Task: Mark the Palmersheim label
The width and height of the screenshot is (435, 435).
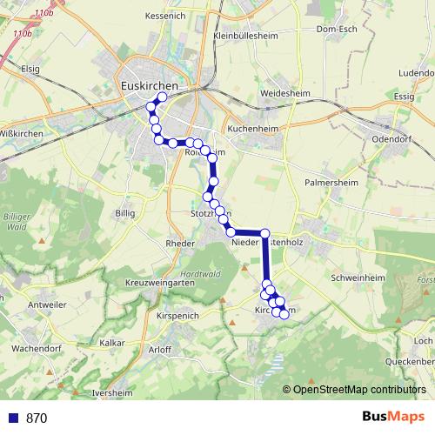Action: click(x=326, y=184)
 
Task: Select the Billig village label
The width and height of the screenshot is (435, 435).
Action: click(x=125, y=211)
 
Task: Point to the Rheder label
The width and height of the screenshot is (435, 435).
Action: click(x=179, y=244)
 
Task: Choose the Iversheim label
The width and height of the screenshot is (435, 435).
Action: click(x=110, y=393)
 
